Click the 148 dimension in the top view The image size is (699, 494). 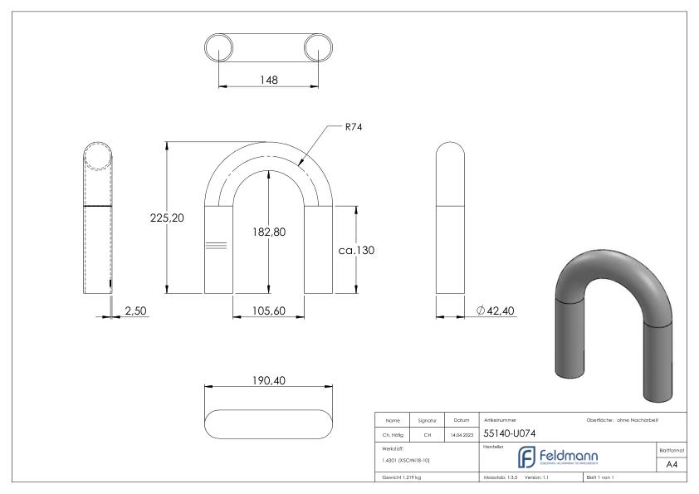[268, 80]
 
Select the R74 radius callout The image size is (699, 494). [354, 127]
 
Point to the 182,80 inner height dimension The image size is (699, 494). [268, 232]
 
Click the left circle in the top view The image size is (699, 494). [219, 47]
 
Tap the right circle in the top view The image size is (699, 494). [318, 47]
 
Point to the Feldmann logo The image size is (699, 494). [555, 457]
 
